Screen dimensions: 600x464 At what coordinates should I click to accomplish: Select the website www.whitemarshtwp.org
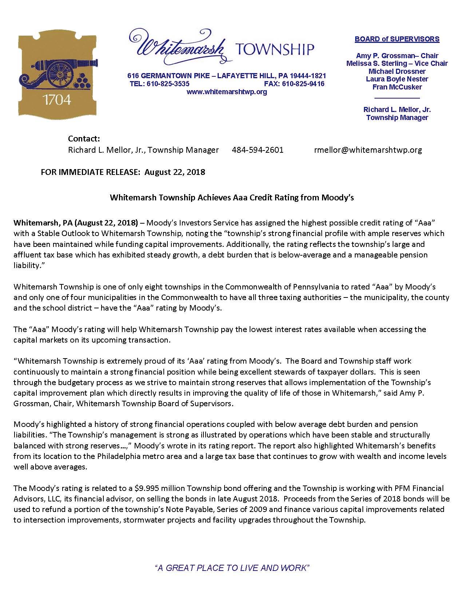227,92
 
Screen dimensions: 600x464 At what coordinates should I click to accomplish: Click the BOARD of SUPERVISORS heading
397,39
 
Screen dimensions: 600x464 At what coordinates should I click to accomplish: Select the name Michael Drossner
397,71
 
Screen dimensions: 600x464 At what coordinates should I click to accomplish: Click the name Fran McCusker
397,87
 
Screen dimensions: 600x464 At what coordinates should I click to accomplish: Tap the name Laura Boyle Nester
397,79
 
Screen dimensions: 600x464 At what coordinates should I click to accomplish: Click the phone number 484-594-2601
258,150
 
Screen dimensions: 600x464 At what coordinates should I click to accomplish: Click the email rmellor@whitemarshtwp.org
368,150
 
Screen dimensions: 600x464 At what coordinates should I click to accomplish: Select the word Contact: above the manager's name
84,139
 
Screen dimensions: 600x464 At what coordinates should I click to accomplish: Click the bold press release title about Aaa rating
232,198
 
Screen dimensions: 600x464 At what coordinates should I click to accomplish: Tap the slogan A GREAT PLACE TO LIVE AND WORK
232,568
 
